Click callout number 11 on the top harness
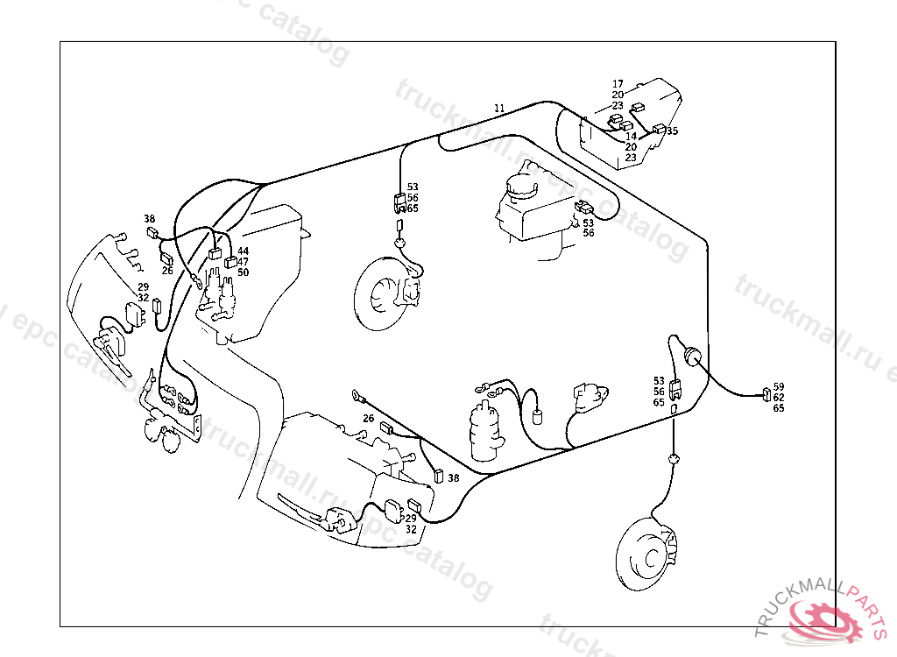(x=499, y=108)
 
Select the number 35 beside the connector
(x=673, y=131)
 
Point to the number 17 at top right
(x=618, y=84)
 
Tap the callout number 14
(x=631, y=137)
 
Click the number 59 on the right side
(x=779, y=386)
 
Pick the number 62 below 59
(x=779, y=397)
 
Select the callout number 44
(x=243, y=251)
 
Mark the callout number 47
(x=243, y=262)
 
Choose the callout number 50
(x=243, y=272)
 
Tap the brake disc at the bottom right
(x=649, y=553)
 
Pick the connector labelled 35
(x=659, y=131)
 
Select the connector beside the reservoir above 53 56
(x=584, y=208)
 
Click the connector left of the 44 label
(x=215, y=254)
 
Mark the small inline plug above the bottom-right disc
(x=674, y=458)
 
